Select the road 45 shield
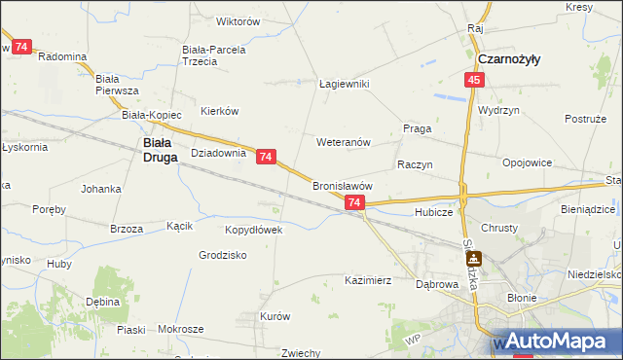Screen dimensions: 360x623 click(x=473, y=81)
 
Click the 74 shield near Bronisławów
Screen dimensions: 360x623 click(x=354, y=202)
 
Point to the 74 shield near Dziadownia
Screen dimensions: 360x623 click(x=267, y=156)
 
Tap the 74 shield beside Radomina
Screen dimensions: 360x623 click(x=22, y=46)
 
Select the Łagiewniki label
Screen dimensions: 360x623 click(x=345, y=84)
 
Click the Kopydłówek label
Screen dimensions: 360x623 click(x=253, y=230)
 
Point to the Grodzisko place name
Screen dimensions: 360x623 click(x=222, y=255)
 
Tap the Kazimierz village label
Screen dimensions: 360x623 click(x=368, y=280)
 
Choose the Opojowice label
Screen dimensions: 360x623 click(x=527, y=162)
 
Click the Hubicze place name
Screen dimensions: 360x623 click(x=433, y=211)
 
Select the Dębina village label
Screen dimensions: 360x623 click(x=102, y=302)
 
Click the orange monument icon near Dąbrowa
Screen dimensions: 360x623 click(x=475, y=258)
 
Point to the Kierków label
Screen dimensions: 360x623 click(x=219, y=110)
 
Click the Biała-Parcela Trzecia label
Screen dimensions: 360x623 click(x=213, y=54)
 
